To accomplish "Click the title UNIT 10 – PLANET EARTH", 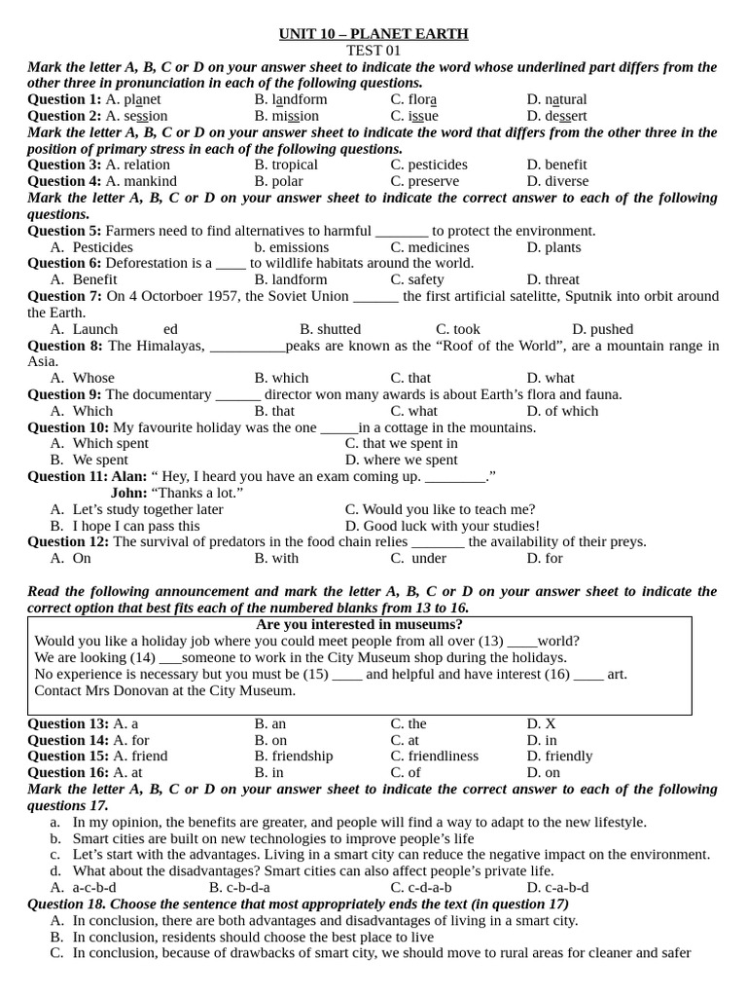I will point(373,34).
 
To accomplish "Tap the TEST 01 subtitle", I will point(373,51).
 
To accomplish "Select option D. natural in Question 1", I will point(556,99).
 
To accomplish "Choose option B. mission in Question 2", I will point(286,116).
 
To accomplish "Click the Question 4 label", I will point(64,181).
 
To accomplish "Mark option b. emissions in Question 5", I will point(292,247).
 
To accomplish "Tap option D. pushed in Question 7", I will point(602,329).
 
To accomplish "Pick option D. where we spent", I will point(401,460).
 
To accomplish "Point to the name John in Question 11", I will point(128,493).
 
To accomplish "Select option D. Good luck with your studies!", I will point(442,526).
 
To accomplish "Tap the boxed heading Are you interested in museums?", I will point(359,624).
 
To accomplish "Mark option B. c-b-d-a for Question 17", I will point(239,887).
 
